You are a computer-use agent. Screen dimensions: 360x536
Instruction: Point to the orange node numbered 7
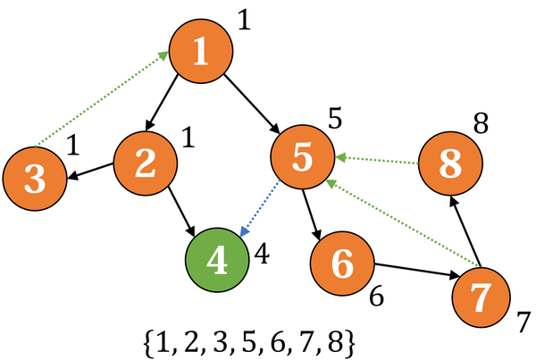tap(483, 297)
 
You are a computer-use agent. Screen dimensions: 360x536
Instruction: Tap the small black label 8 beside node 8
tap(482, 123)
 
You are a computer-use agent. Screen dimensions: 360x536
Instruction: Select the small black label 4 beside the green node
tap(262, 253)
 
